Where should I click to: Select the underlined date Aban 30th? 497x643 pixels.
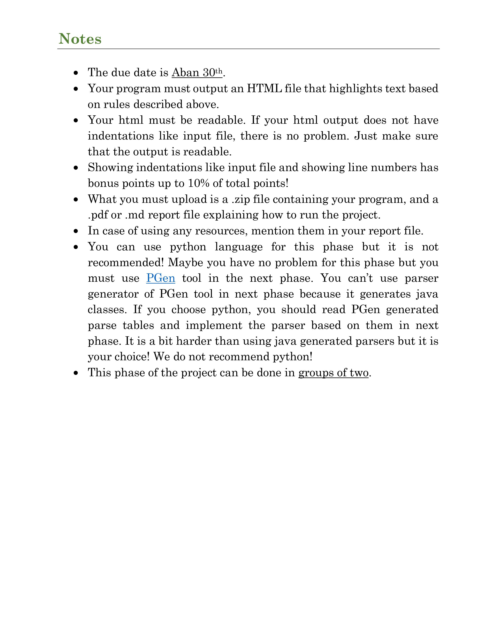197,73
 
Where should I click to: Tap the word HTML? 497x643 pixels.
264,89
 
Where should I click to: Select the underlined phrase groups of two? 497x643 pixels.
333,373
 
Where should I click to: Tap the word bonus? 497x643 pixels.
103,183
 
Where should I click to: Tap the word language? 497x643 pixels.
239,247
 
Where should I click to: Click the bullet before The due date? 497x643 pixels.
76,73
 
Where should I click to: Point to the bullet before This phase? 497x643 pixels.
76,373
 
